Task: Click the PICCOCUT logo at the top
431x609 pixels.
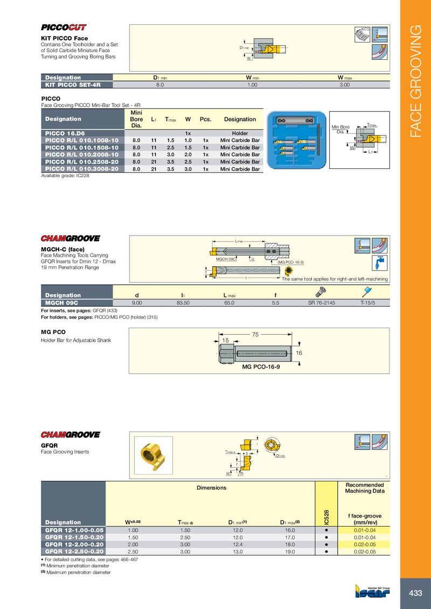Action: pos(64,27)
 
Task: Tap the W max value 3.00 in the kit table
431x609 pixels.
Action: pos(344,84)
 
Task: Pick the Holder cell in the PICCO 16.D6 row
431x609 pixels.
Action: pos(239,133)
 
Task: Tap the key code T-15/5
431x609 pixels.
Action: pos(368,302)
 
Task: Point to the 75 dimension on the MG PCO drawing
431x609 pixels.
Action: pos(256,334)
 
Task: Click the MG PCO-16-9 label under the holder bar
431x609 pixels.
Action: pos(261,372)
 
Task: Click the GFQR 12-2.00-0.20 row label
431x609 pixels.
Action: pos(74,544)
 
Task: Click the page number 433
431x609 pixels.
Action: pos(415,593)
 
